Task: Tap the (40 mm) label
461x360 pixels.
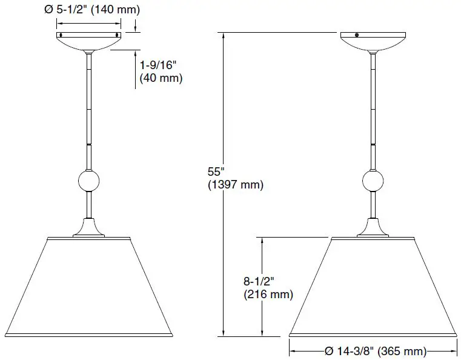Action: click(x=161, y=78)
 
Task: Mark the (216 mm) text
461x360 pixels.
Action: click(x=268, y=295)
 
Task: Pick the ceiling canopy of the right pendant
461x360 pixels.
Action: click(x=372, y=41)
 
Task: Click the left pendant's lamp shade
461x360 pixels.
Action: click(x=90, y=285)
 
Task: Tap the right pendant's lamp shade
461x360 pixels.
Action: click(x=372, y=285)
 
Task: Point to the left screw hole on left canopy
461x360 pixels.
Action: click(x=61, y=35)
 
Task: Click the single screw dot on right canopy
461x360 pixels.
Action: click(x=357, y=35)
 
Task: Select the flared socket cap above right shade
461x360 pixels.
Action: click(x=372, y=229)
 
